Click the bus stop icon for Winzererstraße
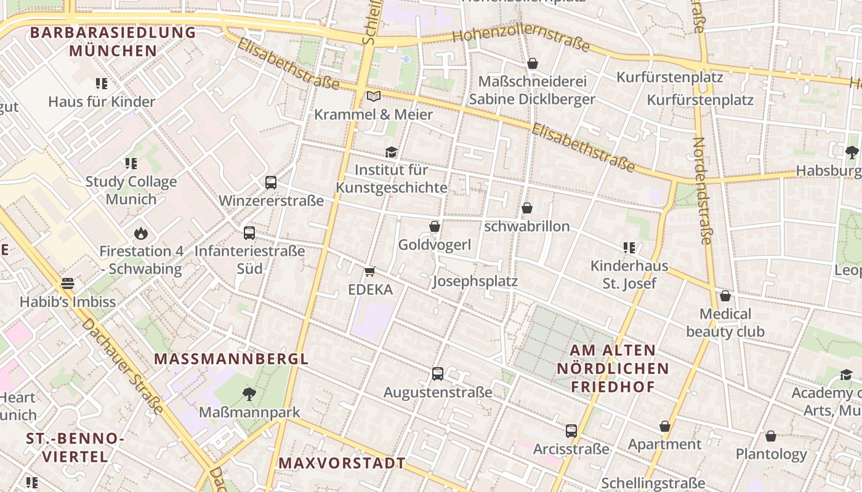pyautogui.click(x=271, y=183)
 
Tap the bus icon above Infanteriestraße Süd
pyautogui.click(x=249, y=233)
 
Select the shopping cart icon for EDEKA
pyautogui.click(x=370, y=271)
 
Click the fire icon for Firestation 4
pyautogui.click(x=141, y=234)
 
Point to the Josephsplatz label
pyautogui.click(x=475, y=282)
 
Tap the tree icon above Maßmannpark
pyautogui.click(x=249, y=394)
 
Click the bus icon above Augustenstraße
pyautogui.click(x=438, y=373)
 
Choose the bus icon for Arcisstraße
pyautogui.click(x=571, y=431)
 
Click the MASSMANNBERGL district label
pyautogui.click(x=231, y=359)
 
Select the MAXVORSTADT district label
pyautogui.click(x=342, y=463)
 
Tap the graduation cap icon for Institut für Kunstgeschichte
pyautogui.click(x=391, y=152)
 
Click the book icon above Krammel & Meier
pyautogui.click(x=373, y=96)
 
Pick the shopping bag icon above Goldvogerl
pyautogui.click(x=435, y=227)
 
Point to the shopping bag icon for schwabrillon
pyautogui.click(x=527, y=208)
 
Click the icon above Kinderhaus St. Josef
pyautogui.click(x=629, y=248)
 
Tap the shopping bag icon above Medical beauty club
pyautogui.click(x=725, y=296)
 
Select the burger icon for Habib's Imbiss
pyautogui.click(x=68, y=284)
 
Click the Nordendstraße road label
pyautogui.click(x=701, y=191)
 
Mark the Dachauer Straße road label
pyautogui.click(x=123, y=366)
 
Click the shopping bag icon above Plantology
pyautogui.click(x=771, y=436)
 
